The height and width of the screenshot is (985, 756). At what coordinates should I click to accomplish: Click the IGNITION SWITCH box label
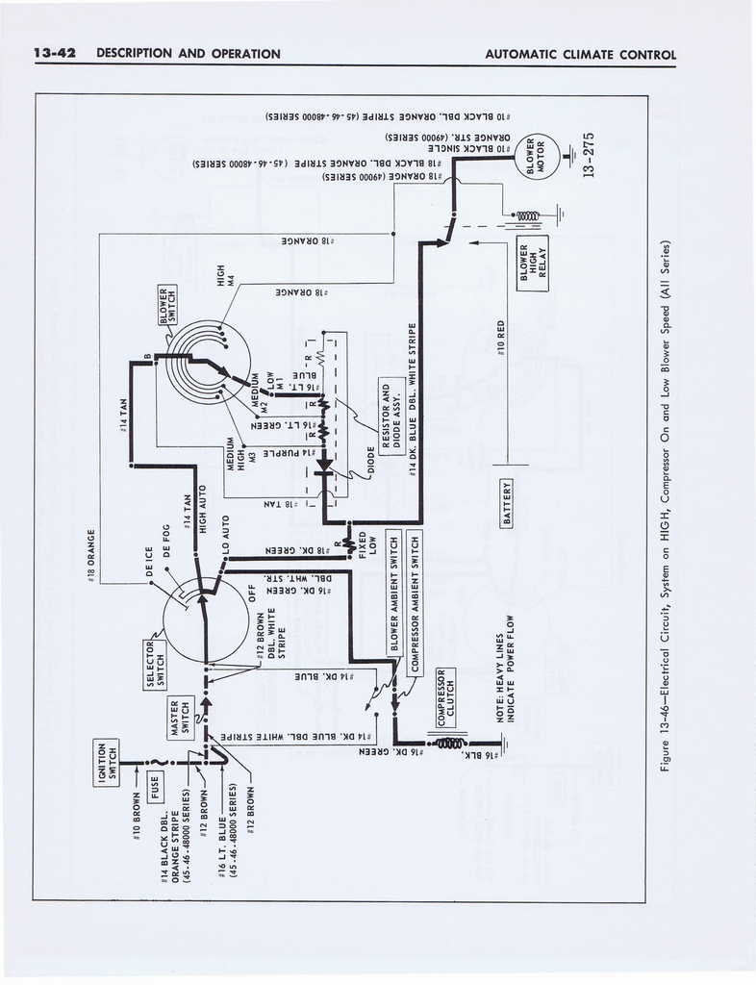(x=107, y=762)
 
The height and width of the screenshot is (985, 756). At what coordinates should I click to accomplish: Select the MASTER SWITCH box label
(x=180, y=717)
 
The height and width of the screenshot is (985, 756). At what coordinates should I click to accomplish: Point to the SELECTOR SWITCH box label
(x=156, y=663)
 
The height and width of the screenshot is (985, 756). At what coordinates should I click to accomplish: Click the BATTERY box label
(x=507, y=502)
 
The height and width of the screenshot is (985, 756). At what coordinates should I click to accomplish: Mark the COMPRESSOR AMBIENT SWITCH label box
(x=416, y=601)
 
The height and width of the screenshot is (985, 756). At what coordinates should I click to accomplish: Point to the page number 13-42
(x=54, y=54)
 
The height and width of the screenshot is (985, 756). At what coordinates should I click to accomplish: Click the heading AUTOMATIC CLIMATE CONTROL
(x=580, y=54)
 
